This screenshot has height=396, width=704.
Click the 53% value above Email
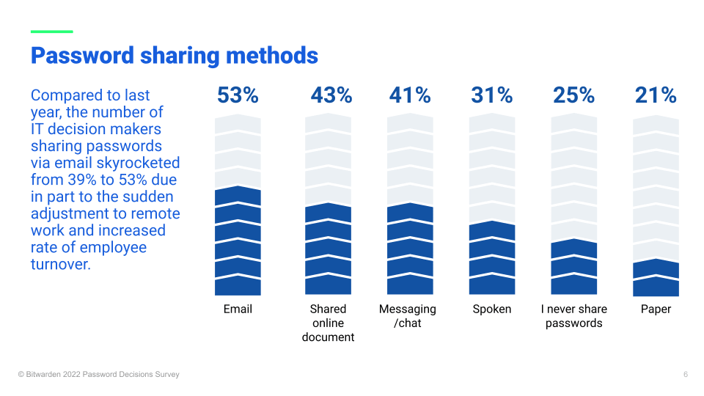coord(238,95)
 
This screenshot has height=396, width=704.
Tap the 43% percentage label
coord(331,95)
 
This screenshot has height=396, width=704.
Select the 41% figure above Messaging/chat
coord(410,95)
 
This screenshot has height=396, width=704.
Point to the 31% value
coord(491,95)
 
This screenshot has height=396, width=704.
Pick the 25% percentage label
coord(573,95)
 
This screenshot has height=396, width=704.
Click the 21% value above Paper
coord(656,95)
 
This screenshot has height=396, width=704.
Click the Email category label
coord(238,309)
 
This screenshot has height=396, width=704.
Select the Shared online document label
coord(328,323)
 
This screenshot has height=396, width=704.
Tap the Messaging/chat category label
coord(408,315)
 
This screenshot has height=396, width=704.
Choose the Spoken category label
coord(491,309)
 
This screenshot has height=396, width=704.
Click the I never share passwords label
coord(573,315)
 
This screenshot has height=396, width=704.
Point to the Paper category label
coord(656,309)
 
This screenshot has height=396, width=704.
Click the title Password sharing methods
coord(175,56)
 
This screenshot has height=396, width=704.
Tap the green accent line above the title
coord(51,32)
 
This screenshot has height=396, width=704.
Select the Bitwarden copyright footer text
coord(99,375)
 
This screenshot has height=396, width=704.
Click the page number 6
coord(685,375)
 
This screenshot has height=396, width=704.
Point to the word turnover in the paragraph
coord(60,264)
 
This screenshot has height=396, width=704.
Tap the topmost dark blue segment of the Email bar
coord(238,196)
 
